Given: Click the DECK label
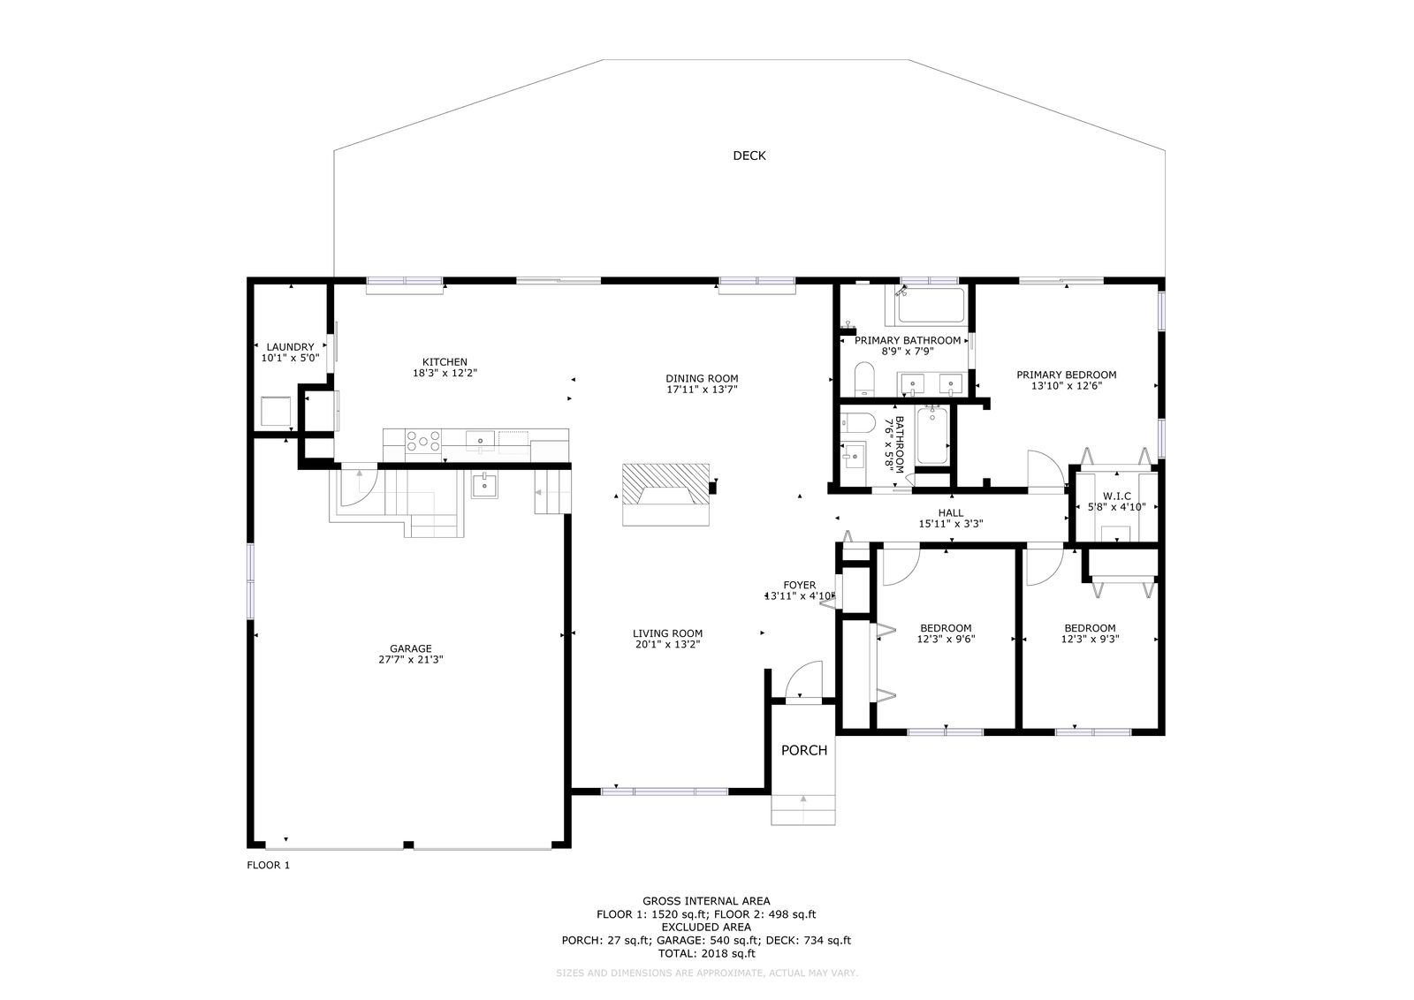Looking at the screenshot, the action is [x=749, y=155].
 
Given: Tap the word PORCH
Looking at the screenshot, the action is [x=803, y=750].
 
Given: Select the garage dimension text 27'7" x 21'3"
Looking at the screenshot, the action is [x=410, y=660].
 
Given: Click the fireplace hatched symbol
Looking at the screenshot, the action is [x=665, y=484].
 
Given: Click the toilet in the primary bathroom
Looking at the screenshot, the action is [x=863, y=379].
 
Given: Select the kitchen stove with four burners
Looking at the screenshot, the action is [x=423, y=441].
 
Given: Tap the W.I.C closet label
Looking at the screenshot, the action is [x=1117, y=496].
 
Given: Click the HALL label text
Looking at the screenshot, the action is [x=951, y=513].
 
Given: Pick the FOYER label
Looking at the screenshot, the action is [x=799, y=585].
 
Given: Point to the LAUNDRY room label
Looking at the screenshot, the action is [x=290, y=347].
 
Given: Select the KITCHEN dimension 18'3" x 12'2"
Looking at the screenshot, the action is [x=445, y=373].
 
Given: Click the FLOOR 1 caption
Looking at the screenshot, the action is [x=269, y=865].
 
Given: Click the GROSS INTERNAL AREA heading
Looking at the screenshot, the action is [x=706, y=901].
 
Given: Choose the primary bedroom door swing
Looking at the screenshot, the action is [x=1046, y=469].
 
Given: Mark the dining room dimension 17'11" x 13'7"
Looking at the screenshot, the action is [x=702, y=390].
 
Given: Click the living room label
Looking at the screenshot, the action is [x=667, y=633].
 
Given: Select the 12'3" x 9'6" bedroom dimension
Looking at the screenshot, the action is [x=946, y=639].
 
